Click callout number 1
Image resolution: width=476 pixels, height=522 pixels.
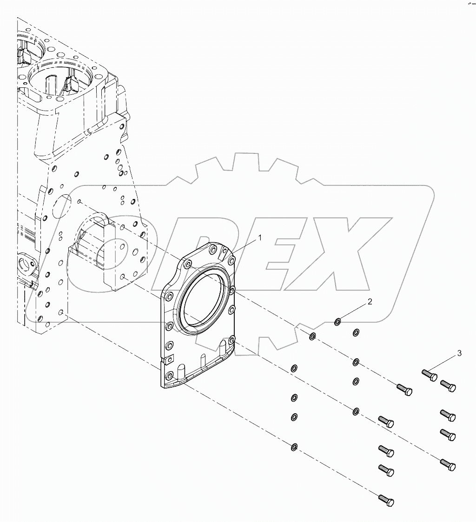coord(260,238)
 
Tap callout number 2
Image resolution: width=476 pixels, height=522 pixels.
coord(370,302)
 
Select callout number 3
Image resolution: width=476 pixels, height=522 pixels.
coord(459,354)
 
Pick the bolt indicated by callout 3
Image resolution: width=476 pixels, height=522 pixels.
coord(430,374)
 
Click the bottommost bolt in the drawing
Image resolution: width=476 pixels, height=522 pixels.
coord(387,501)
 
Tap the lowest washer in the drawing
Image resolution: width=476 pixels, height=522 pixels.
coord(294,447)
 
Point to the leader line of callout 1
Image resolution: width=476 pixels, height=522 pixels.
coord(246,245)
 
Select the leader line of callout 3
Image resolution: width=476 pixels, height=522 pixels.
coord(445,363)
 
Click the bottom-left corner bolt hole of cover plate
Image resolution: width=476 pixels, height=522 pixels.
coord(169,375)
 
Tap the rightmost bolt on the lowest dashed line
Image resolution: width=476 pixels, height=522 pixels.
coord(387,501)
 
